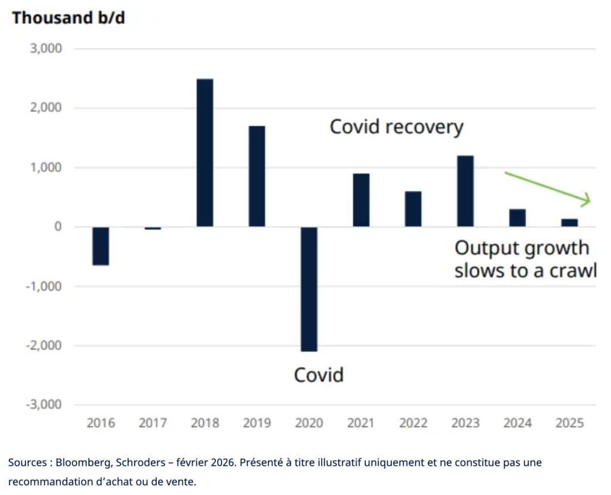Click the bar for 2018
pyautogui.click(x=205, y=152)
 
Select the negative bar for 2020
pyautogui.click(x=309, y=289)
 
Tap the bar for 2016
pyautogui.click(x=100, y=246)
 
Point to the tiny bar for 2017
pyautogui.click(x=153, y=228)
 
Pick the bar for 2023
pyautogui.click(x=465, y=191)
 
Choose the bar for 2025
pyautogui.click(x=569, y=223)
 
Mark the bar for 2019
pyautogui.click(x=257, y=176)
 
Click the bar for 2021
pyautogui.click(x=361, y=200)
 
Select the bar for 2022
pyautogui.click(x=413, y=209)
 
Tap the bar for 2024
pyautogui.click(x=517, y=218)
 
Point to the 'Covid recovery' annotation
pyautogui.click(x=397, y=127)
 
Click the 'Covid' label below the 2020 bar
pyautogui.click(x=319, y=375)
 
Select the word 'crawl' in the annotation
pyautogui.click(x=573, y=270)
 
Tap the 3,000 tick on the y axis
pyautogui.click(x=46, y=48)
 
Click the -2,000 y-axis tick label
pyautogui.click(x=44, y=345)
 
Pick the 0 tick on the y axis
pyautogui.click(x=58, y=226)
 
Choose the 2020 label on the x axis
pyautogui.click(x=309, y=423)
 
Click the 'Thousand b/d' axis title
pyautogui.click(x=69, y=18)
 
